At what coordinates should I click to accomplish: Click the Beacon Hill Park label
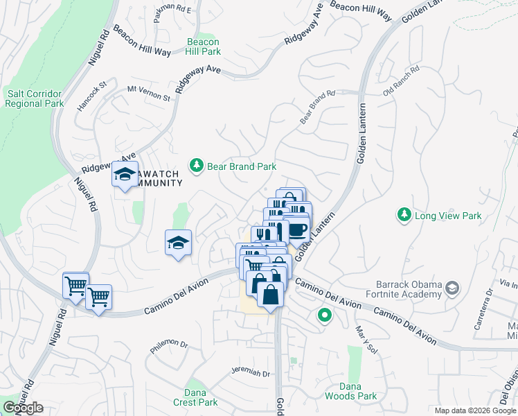click(204, 46)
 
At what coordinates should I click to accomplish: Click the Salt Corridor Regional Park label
click(34, 98)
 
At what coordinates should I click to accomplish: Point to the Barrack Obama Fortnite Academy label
click(409, 288)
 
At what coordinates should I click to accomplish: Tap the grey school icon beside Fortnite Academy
click(452, 288)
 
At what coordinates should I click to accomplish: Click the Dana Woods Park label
click(358, 391)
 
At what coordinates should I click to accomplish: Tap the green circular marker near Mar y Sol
click(323, 316)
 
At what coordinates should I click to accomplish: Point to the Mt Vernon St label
click(148, 93)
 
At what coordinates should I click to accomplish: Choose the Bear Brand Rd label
click(317, 107)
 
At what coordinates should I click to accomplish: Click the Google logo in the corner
click(23, 408)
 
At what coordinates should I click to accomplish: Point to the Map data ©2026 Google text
click(475, 410)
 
